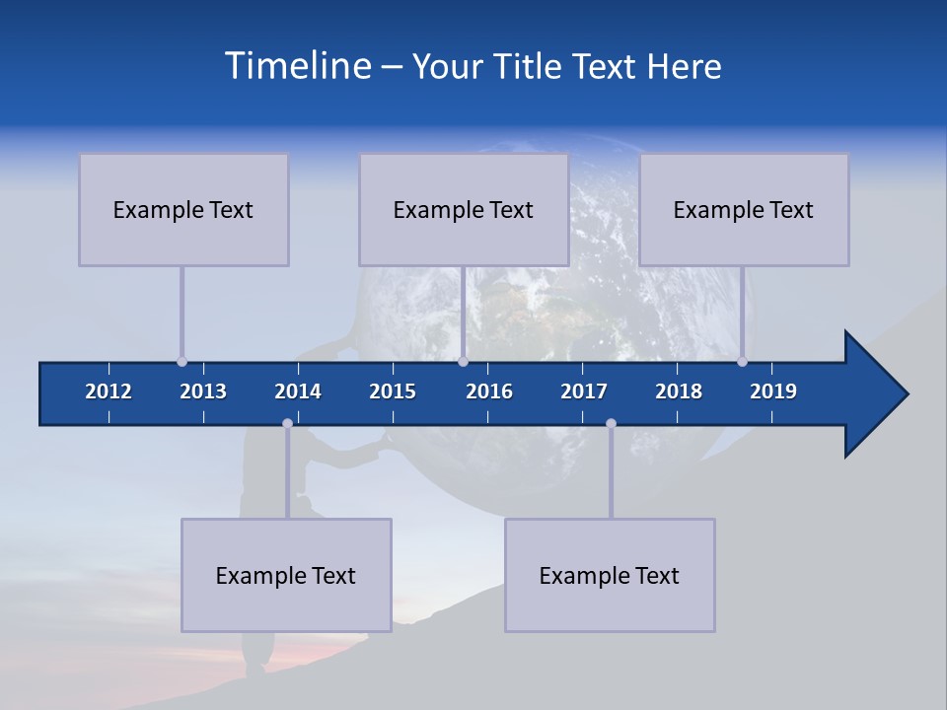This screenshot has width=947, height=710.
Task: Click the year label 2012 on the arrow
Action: [x=109, y=391]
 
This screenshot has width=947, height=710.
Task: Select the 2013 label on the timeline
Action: [x=203, y=391]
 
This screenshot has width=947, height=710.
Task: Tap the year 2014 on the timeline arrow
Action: [x=298, y=391]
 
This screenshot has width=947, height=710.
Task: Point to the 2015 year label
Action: [x=393, y=391]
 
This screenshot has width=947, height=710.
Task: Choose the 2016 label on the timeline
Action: [x=489, y=391]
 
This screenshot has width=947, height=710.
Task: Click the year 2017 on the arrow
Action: [x=584, y=391]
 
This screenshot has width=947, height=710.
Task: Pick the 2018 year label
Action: [x=679, y=391]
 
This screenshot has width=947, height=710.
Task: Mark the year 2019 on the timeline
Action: [x=773, y=391]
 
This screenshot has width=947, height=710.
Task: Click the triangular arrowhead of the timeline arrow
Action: [x=874, y=394]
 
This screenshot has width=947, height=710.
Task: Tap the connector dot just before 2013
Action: [x=182, y=361]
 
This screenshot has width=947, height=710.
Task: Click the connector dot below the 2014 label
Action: [x=287, y=424]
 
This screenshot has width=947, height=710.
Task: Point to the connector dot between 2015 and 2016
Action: [x=463, y=361]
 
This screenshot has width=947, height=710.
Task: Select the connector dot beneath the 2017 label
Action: [x=611, y=424]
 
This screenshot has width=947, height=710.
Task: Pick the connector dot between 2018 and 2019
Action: [x=743, y=361]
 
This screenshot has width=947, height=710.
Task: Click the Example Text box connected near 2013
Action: [x=183, y=209]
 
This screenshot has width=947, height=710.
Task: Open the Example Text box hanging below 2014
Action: [x=286, y=575]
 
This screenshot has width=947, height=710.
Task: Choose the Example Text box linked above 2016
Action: [x=464, y=209]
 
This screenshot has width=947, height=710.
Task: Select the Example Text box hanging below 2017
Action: [x=610, y=575]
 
